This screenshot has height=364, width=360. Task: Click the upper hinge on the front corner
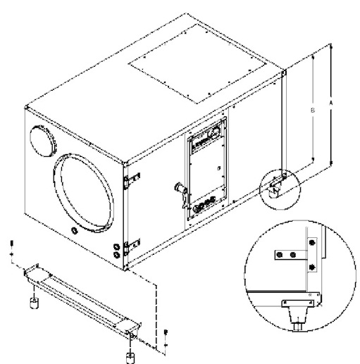tap(128, 180)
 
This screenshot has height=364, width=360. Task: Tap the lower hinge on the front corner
tap(128, 246)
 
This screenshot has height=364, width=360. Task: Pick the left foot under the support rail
tap(32, 303)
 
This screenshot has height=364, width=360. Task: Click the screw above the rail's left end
tap(11, 246)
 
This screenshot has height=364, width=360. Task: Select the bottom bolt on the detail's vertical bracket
tap(309, 267)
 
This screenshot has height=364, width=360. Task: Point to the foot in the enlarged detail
tap(297, 310)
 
